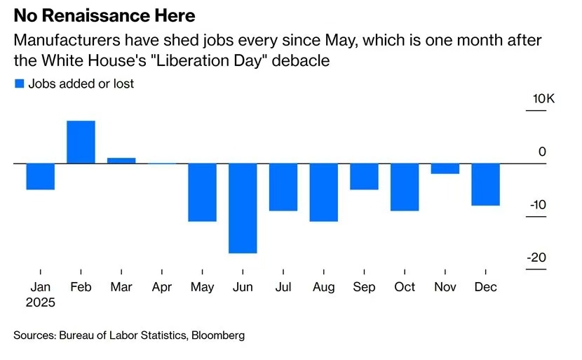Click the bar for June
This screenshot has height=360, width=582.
tap(243, 208)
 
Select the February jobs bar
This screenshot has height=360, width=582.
tap(81, 142)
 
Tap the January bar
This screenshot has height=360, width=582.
tap(40, 176)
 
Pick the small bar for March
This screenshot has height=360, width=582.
tap(121, 161)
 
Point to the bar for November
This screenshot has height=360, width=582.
tap(445, 168)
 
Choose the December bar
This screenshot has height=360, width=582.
tap(485, 184)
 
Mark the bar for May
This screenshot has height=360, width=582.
tap(202, 192)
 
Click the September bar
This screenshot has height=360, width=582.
tap(364, 176)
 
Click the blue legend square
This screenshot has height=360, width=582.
tap(19, 84)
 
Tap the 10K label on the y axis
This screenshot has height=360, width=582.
tap(543, 99)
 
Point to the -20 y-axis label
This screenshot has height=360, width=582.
tap(536, 258)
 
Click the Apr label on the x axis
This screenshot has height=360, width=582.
tap(162, 287)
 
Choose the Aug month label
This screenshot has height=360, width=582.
tap(323, 287)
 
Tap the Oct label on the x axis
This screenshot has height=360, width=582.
tap(405, 287)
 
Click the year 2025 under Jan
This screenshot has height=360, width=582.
tap(40, 303)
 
